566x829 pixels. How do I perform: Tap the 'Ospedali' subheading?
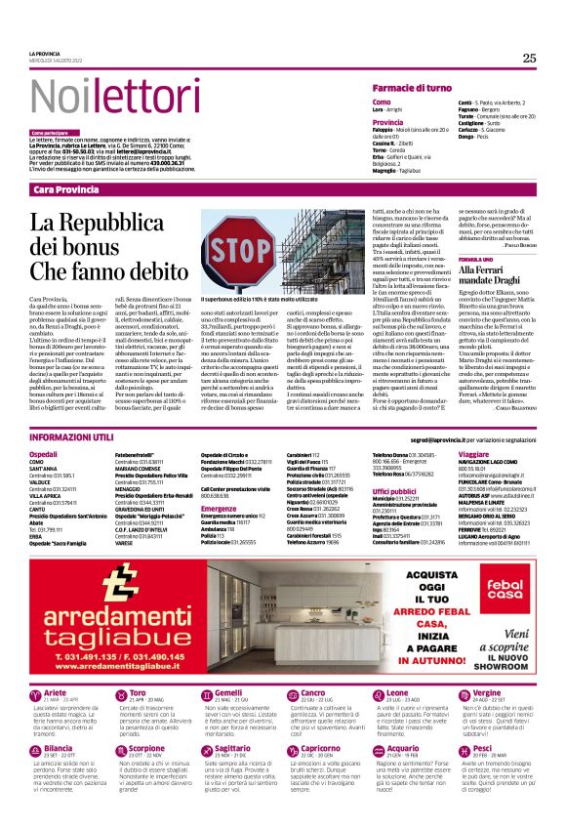44,454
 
